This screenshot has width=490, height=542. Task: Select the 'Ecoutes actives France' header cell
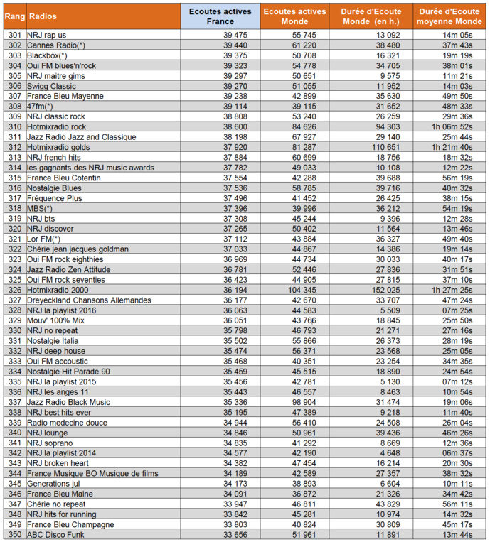coord(220,16)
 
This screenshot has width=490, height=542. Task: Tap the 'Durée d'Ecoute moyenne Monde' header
coord(449,16)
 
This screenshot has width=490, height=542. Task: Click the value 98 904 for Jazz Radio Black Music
coord(302,402)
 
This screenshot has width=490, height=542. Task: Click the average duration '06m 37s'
coord(457,453)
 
